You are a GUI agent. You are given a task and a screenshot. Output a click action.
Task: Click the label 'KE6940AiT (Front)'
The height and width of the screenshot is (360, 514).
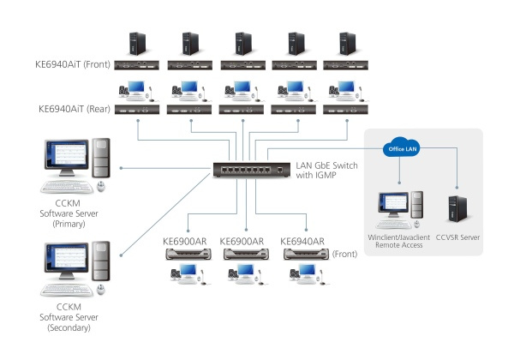79,63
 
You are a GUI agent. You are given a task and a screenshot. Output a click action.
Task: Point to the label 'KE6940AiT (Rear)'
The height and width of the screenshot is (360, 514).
79,110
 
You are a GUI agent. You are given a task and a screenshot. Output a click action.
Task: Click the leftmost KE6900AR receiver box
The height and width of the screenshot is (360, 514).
188,255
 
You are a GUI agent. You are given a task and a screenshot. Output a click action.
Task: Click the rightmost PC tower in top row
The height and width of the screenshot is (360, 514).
345,43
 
